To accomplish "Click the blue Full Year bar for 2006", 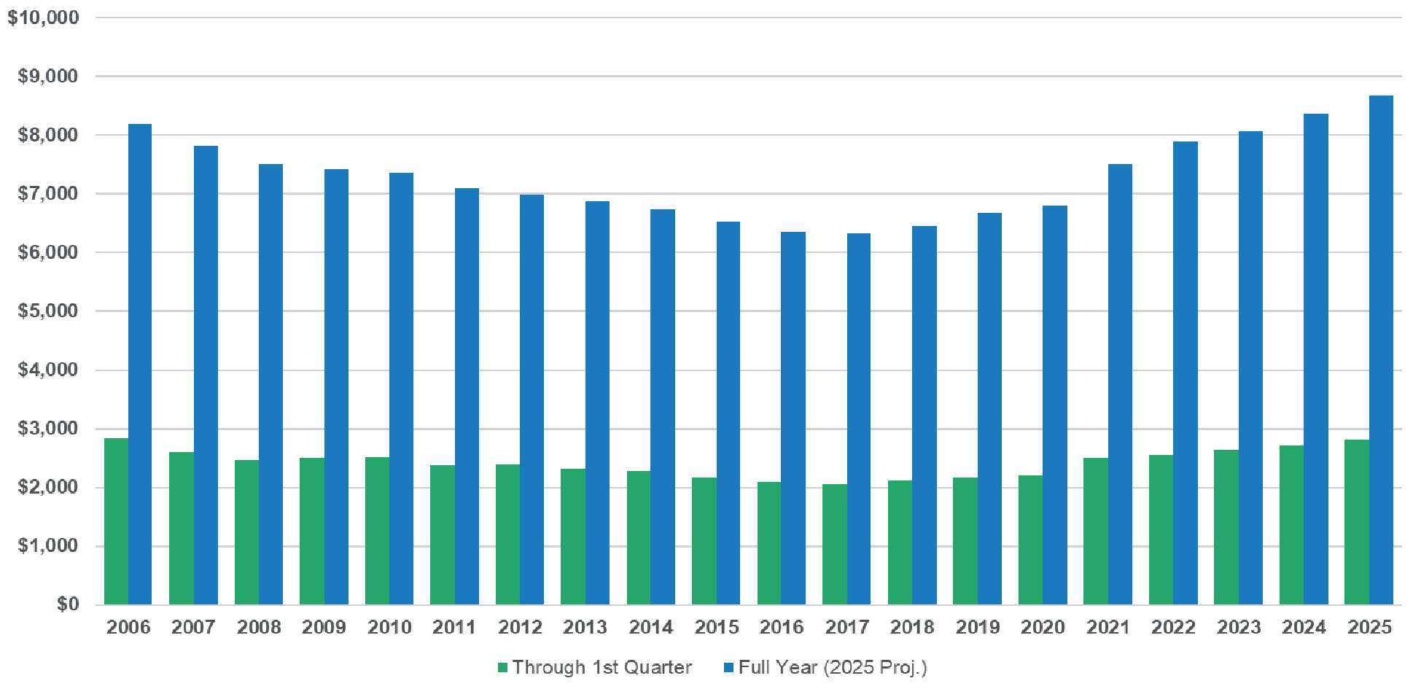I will point(140,365).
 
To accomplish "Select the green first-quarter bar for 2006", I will point(116,521).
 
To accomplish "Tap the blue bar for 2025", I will point(1381,350).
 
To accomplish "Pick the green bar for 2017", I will point(834,544).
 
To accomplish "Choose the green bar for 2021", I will point(1095,531).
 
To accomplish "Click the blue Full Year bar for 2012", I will point(532,400).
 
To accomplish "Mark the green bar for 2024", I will point(1291,525).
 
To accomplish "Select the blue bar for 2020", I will point(1054,405).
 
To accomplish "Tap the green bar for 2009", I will point(311,531).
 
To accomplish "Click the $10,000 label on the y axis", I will point(43,17).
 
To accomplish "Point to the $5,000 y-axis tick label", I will point(47,311).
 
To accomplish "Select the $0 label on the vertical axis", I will point(68,604).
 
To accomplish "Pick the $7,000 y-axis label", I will point(47,194).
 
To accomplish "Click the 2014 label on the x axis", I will point(650,627).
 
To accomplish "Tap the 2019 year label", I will point(977,627).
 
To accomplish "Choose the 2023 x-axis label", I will point(1238,627).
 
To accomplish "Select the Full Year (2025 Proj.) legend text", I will point(832,667).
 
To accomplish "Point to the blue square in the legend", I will point(728,668).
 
